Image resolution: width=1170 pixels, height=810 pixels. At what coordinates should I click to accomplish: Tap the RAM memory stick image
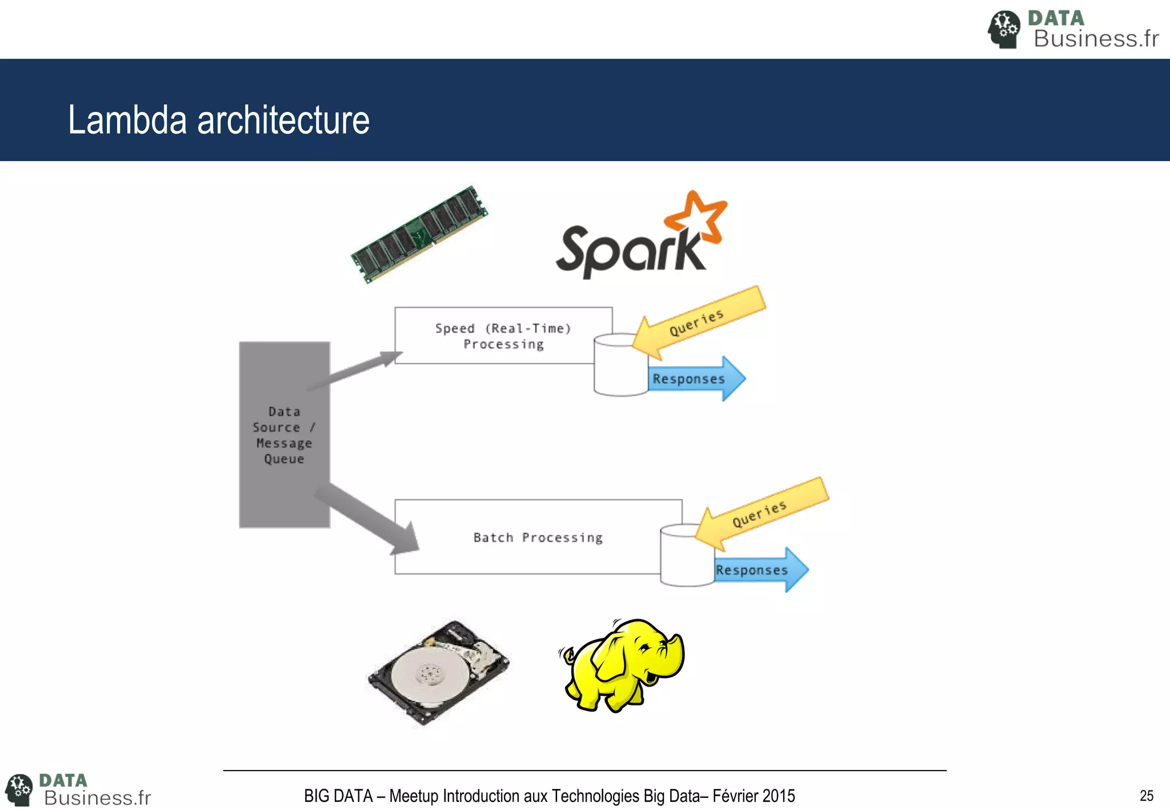420,234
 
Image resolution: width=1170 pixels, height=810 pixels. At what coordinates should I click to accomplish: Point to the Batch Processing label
538,538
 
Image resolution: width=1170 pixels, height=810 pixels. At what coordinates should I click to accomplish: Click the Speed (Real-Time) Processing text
503,336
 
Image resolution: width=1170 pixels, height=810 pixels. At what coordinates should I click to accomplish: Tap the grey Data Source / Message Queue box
284,435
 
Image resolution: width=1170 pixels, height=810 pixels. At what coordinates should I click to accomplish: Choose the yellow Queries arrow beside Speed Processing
700,323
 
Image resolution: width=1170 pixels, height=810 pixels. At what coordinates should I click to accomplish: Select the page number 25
1146,796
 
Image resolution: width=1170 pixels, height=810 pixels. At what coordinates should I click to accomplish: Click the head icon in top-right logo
1004,29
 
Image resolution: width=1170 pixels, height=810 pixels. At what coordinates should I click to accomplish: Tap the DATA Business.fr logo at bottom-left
79,790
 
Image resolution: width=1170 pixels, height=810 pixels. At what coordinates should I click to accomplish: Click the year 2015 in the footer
778,796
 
